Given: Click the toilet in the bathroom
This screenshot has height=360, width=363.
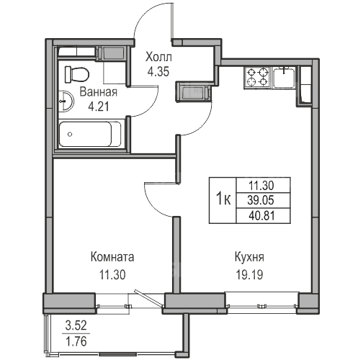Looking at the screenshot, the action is point(77,74).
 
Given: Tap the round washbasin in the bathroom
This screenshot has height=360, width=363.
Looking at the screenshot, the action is point(66,101).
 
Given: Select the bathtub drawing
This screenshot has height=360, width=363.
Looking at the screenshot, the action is point(90,134).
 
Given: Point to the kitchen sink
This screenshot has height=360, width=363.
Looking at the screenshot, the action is point(284,78).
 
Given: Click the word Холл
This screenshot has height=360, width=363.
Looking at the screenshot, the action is point(158,58).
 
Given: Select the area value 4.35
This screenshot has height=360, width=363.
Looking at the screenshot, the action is point(158,71).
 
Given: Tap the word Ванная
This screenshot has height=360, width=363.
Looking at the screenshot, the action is point(99,92).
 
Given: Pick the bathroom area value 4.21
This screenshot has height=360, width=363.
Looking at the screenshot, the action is point(99,107).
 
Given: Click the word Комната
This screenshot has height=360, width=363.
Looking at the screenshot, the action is point(112,257).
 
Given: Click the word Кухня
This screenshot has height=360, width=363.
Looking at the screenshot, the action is point(249,257).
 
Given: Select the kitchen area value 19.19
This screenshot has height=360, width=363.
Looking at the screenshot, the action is point(250,275).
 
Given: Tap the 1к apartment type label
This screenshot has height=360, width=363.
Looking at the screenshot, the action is point(223,199).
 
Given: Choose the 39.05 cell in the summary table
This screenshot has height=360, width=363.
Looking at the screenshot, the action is point(261,200).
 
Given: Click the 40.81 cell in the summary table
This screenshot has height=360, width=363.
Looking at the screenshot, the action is point(261,216).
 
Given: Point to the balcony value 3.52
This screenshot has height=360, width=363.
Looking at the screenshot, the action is point(76,326).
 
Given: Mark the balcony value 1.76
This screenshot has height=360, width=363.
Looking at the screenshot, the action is point(76,341).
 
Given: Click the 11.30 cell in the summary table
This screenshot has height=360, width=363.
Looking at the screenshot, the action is point(261,185).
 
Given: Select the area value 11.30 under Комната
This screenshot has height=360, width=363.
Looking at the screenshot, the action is point(112,275).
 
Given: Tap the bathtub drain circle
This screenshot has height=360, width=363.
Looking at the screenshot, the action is point(70,135).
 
